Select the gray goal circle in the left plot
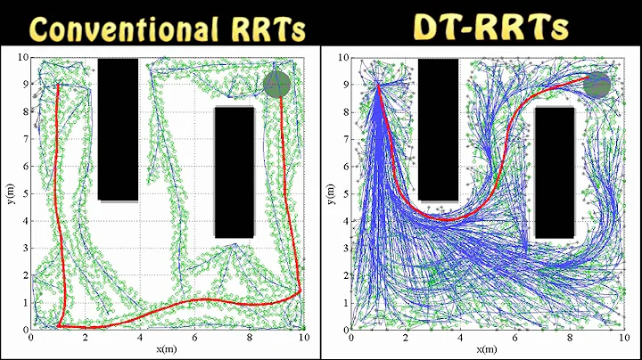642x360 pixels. pos(277,84)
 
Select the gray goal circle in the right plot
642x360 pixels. pos(597,85)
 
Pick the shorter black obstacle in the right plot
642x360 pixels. pos(555,173)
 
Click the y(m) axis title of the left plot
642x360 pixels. pos(8,192)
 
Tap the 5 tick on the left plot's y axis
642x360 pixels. pos(25,194)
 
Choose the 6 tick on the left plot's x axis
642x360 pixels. pos(194,339)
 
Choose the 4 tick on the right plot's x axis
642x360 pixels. pos(460,339)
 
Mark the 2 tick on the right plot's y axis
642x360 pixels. pos(345,276)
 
